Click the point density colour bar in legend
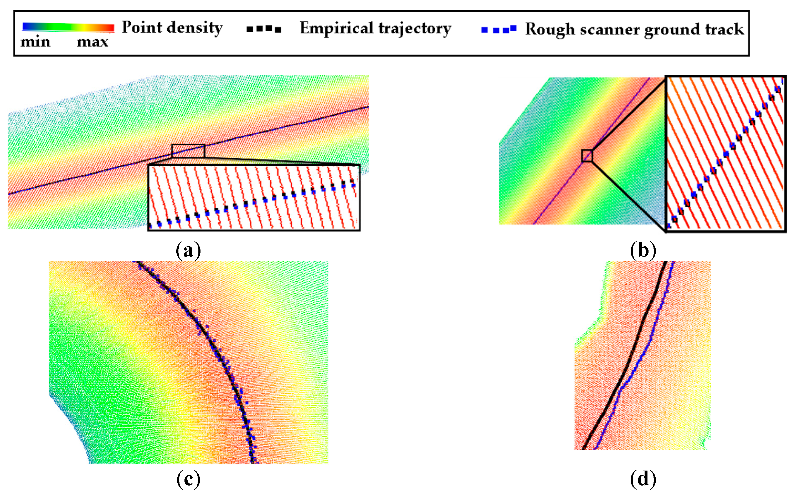coord(68,28)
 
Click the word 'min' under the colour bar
coord(35,42)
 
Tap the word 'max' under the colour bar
coord(92,42)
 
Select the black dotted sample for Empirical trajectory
coord(264,29)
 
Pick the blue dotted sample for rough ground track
coord(498,29)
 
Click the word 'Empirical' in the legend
coord(336,28)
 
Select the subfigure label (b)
coord(643,251)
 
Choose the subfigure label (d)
coord(643,479)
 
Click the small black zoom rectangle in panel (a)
coord(188,151)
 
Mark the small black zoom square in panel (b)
coord(587,156)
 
